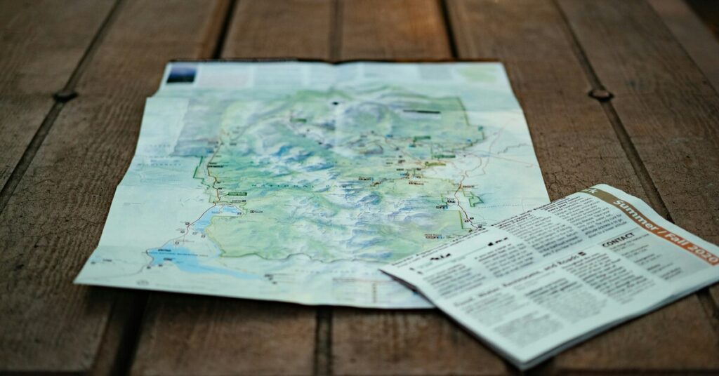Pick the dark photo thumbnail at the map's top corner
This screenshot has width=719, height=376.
coord(180,73)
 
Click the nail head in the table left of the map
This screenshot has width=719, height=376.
coord(65,95)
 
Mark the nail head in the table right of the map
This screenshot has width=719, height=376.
coord(600,93)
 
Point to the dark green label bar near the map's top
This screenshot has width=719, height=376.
coord(421,111)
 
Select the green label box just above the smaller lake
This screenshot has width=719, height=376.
coord(237,193)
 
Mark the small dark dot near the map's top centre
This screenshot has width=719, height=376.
coord(335,102)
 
